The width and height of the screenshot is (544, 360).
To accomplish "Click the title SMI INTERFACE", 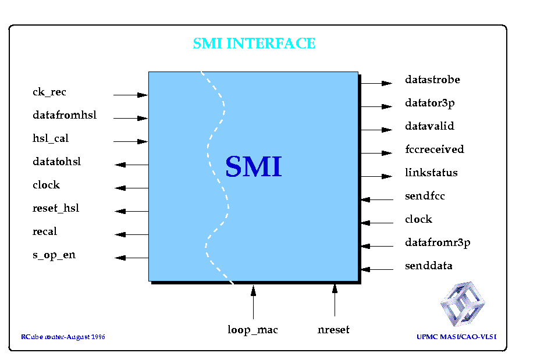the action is point(254,44).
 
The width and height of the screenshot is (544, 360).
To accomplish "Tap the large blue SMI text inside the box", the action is point(254,166).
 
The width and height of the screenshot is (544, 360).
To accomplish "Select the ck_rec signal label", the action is point(49,92).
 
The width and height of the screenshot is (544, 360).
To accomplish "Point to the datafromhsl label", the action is point(65,115).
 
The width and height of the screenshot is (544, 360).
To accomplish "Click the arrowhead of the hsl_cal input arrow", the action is point(143,141).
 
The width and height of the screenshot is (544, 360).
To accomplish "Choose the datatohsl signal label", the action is point(56,162).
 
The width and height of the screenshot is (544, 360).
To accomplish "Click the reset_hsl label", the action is point(56,208).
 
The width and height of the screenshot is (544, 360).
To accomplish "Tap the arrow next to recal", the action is point(132,234).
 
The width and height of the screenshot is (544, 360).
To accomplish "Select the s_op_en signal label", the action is point(54,255).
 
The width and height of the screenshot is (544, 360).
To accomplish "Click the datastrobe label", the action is point(433,80).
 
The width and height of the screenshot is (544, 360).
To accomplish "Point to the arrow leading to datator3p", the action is point(376,106).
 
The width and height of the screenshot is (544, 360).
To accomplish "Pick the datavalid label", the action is point(429,126).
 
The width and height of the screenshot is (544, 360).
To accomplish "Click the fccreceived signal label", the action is point(435,149).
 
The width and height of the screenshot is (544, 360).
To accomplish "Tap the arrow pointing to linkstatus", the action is point(376,176).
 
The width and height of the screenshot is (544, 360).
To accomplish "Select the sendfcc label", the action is point(425,196).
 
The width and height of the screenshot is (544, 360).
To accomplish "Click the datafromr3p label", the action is point(438,243).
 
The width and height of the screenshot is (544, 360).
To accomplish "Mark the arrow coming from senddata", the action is point(377,269).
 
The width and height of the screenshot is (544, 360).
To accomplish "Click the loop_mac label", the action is point(253,330).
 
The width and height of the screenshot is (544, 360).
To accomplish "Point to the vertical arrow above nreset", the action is point(335,300).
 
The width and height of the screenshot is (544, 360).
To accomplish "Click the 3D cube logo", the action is point(463,304).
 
